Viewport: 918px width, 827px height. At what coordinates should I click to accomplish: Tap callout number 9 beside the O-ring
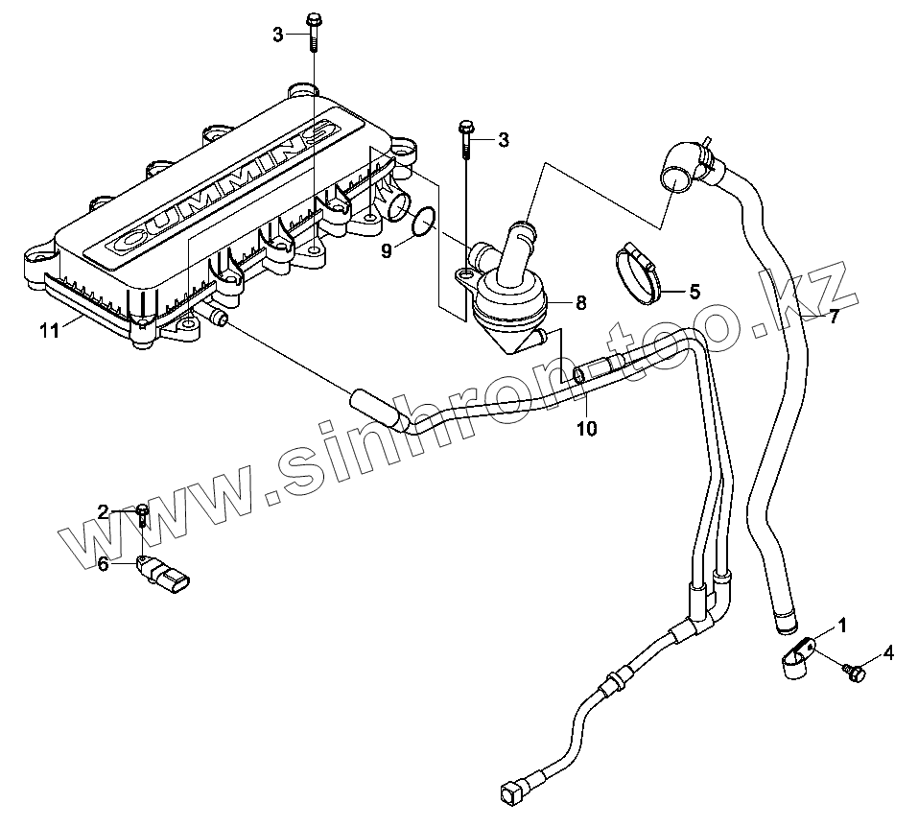coord(386,252)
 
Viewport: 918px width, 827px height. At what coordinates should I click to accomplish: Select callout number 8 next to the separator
coord(580,303)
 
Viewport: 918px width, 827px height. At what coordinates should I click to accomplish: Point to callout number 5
coord(694,290)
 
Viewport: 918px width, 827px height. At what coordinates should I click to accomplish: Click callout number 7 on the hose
coord(834,317)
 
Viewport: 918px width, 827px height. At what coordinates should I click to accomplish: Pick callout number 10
coord(586,429)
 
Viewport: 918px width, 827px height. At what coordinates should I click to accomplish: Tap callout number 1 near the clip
coord(842,626)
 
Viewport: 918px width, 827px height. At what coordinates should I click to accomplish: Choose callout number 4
coord(888,653)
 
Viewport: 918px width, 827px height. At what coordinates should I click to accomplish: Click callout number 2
coord(103,512)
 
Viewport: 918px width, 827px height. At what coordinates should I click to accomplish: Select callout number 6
coord(103,564)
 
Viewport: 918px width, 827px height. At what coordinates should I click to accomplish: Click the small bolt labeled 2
coord(142,515)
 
